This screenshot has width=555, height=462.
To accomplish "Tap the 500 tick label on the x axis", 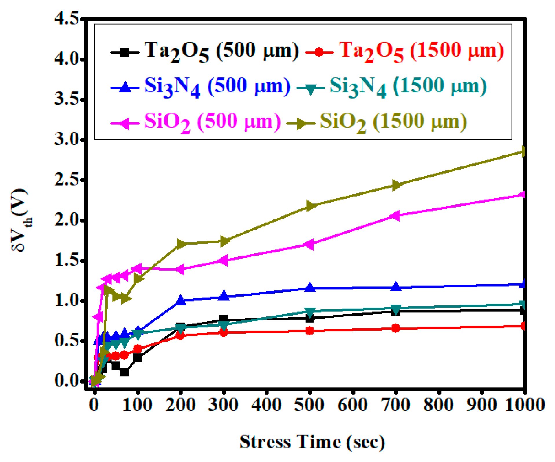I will (309, 405).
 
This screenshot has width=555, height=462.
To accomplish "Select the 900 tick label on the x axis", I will (481, 405).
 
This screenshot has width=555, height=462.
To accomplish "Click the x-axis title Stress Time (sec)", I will (312, 442).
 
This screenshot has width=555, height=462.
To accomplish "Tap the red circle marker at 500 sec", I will (309, 331).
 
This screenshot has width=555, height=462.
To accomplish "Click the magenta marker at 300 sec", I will (223, 260).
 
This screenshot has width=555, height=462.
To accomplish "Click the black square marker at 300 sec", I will (223, 320).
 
